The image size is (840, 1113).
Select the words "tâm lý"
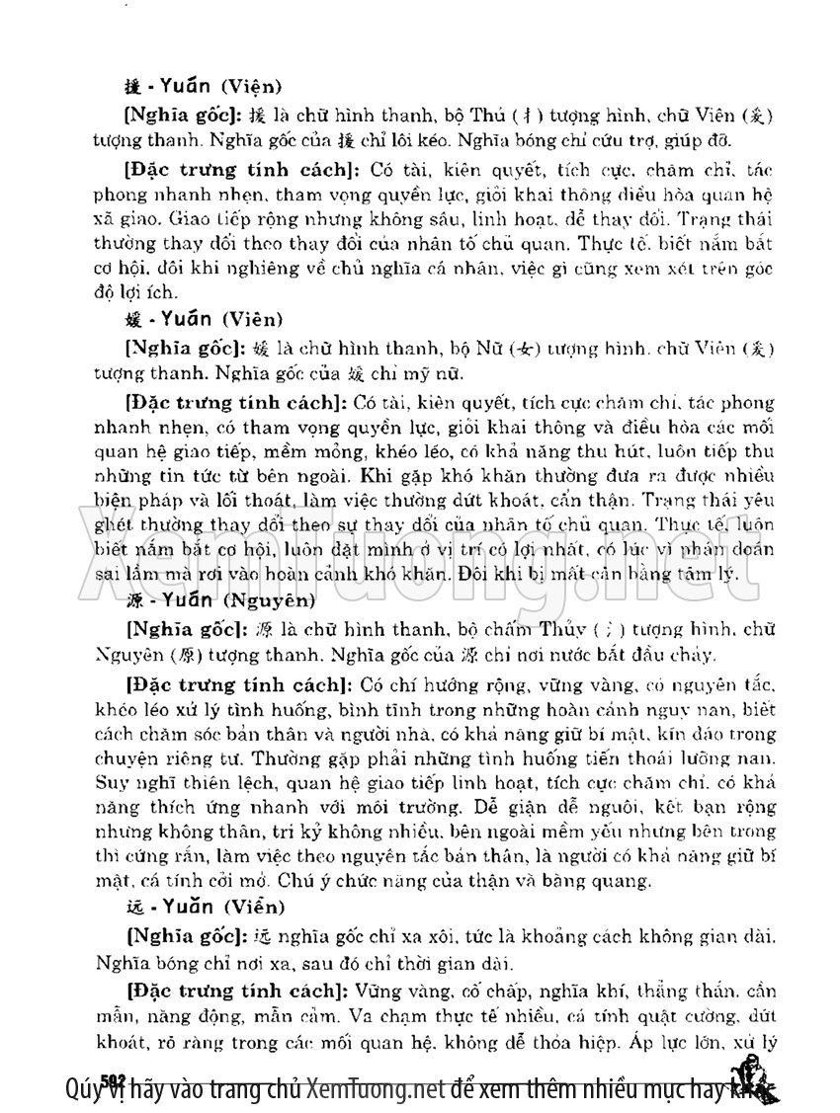point(709,574)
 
